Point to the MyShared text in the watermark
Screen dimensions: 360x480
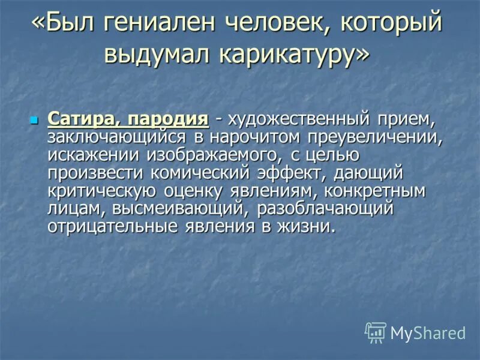click(428, 332)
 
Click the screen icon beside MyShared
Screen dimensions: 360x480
click(376, 332)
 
